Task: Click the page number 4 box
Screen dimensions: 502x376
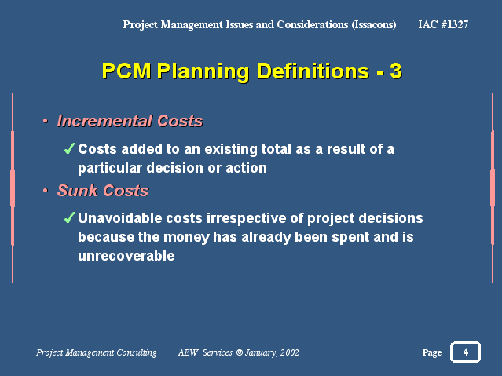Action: point(465,352)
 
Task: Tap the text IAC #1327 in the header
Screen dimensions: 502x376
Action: point(443,24)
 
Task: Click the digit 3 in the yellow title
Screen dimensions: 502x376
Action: point(396,71)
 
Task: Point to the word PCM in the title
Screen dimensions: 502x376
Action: point(126,71)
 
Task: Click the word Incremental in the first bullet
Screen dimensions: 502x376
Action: point(104,121)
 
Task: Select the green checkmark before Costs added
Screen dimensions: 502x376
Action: point(69,148)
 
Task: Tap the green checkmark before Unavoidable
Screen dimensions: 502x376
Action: point(69,217)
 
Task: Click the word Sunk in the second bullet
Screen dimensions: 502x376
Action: point(78,191)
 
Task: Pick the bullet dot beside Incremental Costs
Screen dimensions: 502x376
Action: point(46,122)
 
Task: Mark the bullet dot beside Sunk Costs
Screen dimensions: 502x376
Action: point(46,191)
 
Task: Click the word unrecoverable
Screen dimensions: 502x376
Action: point(126,256)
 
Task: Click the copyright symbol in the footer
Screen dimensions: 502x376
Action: point(239,352)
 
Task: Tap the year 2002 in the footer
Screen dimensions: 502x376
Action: point(289,352)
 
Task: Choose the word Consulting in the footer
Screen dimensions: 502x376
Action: point(137,352)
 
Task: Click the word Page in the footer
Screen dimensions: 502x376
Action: point(432,352)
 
